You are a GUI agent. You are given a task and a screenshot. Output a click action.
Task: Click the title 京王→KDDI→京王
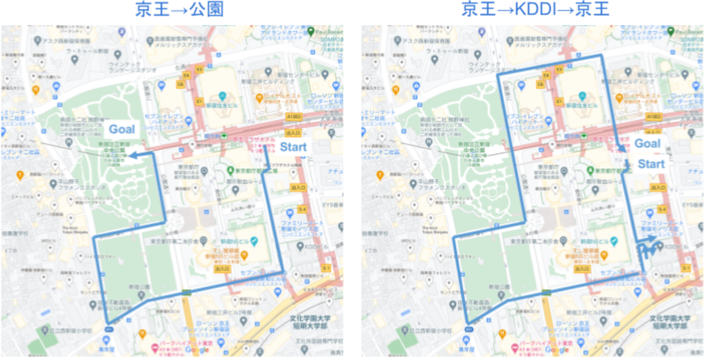click(536, 10)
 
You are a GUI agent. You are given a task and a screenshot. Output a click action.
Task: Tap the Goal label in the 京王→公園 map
click(122, 129)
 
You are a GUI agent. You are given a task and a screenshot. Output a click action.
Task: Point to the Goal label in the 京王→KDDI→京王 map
click(648, 144)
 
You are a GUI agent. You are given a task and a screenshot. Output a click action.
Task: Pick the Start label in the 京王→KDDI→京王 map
click(652, 164)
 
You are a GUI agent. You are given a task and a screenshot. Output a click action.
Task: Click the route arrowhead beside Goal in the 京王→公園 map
click(132, 155)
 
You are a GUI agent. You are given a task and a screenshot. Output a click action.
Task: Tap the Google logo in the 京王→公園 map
click(197, 350)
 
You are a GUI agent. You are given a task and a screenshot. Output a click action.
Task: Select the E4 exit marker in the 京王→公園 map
click(186, 76)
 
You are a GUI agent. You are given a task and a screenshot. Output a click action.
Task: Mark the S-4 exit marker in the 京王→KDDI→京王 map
click(663, 209)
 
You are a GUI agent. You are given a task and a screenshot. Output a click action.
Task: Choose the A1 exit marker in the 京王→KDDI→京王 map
click(654, 117)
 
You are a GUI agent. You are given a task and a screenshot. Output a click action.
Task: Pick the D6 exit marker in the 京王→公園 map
click(180, 84)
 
